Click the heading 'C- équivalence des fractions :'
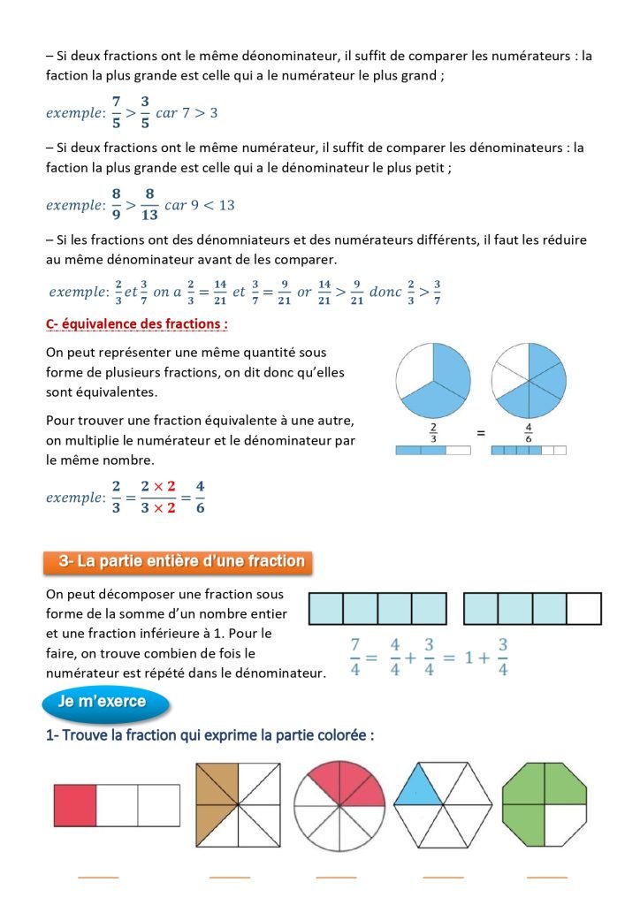click(x=137, y=324)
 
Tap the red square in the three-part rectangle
click(x=75, y=805)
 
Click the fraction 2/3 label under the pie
click(x=433, y=432)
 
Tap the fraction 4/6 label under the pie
click(x=528, y=432)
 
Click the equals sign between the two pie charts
click(x=482, y=433)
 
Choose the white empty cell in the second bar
click(x=583, y=609)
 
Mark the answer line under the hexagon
click(x=443, y=878)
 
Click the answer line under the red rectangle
click(x=97, y=878)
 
